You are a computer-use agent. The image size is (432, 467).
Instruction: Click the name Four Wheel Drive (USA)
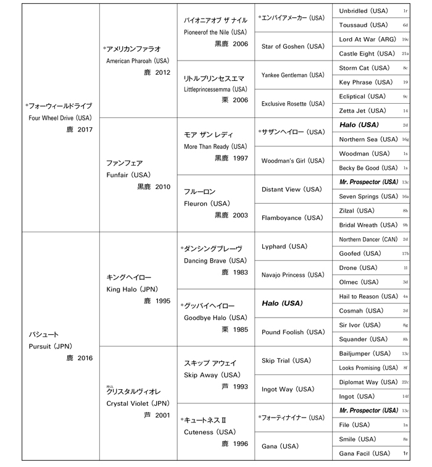[x=60, y=117]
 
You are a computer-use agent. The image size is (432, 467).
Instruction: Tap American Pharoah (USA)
[x=138, y=61]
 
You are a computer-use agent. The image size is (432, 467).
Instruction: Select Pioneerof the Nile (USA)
[x=215, y=32]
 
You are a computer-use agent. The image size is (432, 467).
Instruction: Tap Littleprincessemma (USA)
[x=215, y=89]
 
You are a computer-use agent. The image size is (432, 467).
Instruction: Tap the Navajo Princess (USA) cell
[x=293, y=275]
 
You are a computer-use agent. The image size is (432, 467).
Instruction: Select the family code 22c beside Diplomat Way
[x=405, y=382]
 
